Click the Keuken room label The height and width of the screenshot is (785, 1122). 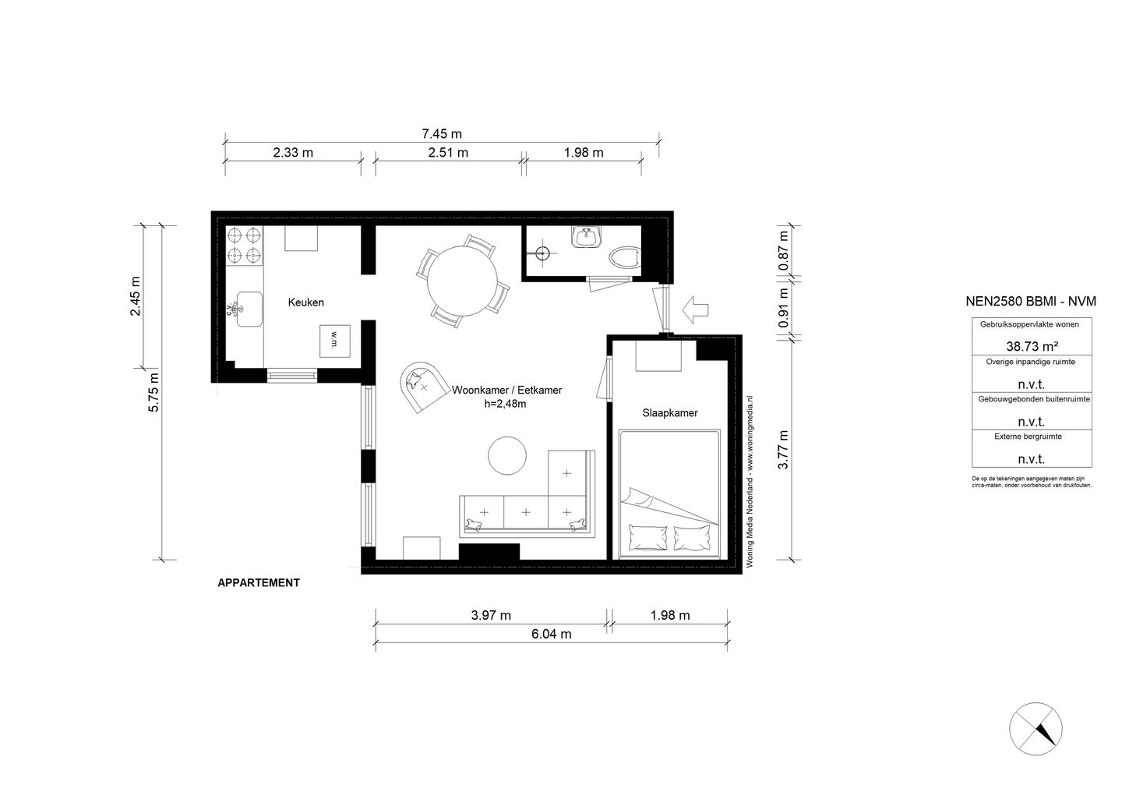(x=305, y=302)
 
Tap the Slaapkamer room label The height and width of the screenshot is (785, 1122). (x=669, y=412)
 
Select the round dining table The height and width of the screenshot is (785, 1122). (x=464, y=281)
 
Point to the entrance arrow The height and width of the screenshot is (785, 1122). (x=695, y=309)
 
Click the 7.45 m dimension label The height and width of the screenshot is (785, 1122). (x=442, y=135)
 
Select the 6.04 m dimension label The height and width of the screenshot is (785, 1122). (x=551, y=634)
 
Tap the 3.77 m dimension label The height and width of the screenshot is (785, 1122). (x=785, y=449)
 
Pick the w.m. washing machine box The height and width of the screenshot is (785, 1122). (x=334, y=341)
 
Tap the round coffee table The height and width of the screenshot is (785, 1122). (x=507, y=454)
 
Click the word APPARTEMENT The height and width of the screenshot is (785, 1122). (x=259, y=582)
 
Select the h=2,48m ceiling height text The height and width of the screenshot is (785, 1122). (x=506, y=403)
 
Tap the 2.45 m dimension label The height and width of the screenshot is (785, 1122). (x=136, y=296)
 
